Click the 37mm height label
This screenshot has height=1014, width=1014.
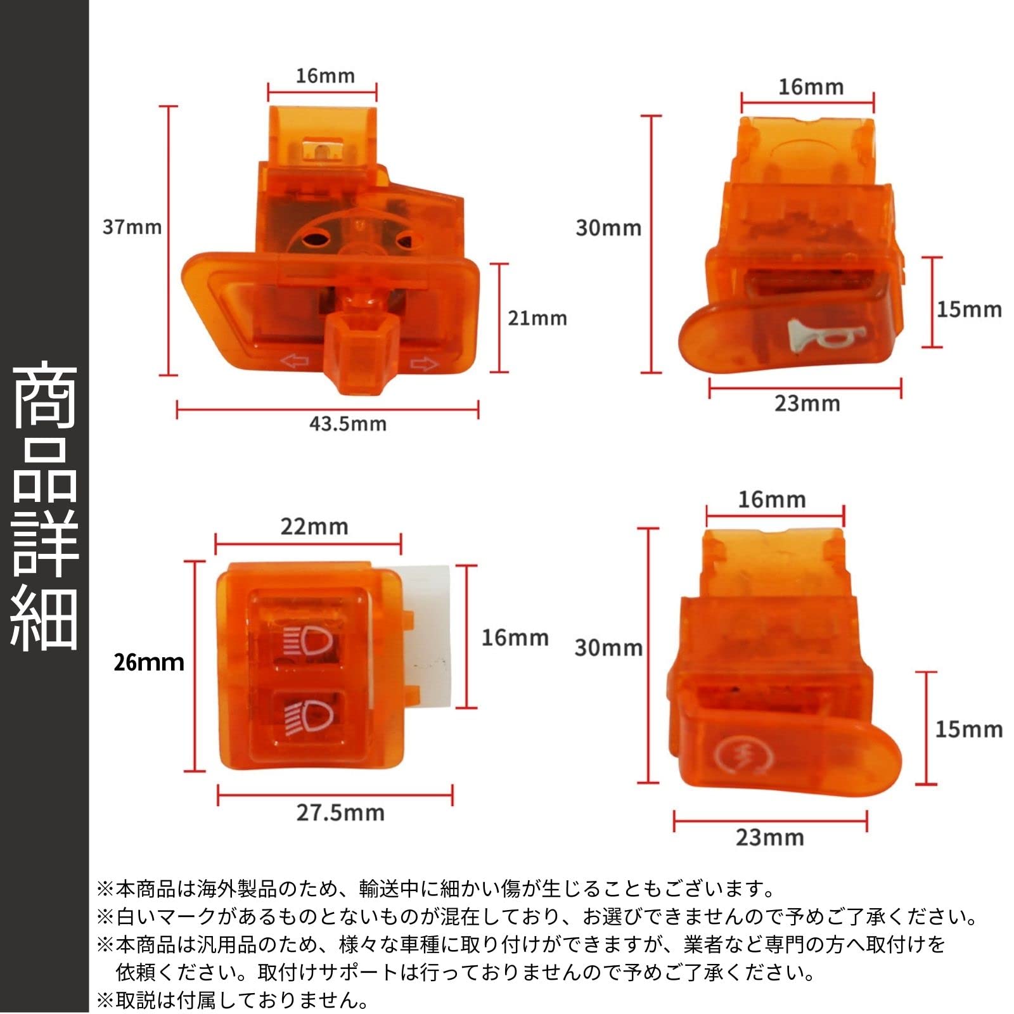pos(132,227)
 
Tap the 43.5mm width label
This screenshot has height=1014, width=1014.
pos(347,423)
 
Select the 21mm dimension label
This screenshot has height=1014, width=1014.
pos(537,318)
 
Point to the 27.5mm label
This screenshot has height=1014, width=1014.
pos(340,812)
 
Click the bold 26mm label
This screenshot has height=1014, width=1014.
pos(149,662)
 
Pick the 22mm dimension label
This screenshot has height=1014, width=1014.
pos(314,527)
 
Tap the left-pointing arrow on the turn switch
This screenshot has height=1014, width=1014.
pos(294,362)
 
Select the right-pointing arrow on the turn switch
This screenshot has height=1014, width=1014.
pos(425,364)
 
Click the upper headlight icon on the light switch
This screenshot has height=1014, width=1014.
pos(309,641)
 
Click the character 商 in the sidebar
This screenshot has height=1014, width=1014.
pos(44,396)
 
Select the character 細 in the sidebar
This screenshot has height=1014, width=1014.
pos(44,618)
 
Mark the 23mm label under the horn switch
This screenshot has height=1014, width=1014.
pos(807,404)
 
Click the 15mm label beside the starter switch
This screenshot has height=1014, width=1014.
pos(968,729)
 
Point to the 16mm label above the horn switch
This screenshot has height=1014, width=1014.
pos(811,87)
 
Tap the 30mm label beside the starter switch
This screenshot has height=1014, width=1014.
pos(608,648)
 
